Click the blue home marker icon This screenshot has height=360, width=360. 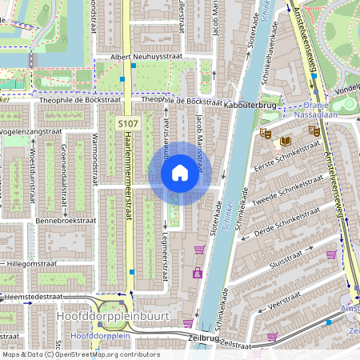[180, 173]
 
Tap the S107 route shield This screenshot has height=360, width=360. [127, 124]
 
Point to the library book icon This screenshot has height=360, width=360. [284, 142]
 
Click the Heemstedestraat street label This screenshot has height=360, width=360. [32, 296]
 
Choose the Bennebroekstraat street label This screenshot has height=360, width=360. [65, 218]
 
